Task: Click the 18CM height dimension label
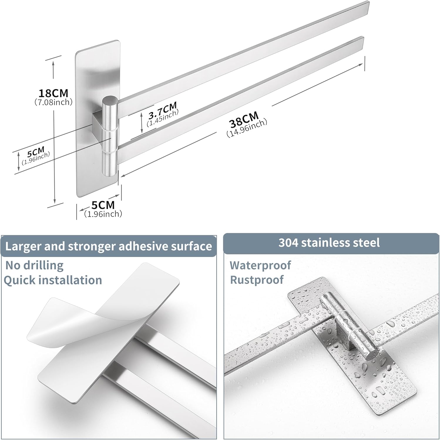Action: (53, 93)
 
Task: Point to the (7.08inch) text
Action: (53, 102)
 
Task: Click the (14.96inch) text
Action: (247, 128)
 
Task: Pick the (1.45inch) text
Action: (163, 118)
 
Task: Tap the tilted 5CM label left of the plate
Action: (35, 153)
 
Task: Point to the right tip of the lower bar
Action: (363, 38)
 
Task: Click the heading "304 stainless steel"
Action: (329, 243)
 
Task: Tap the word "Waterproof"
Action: (260, 265)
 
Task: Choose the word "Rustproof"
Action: (257, 280)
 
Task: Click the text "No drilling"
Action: (34, 265)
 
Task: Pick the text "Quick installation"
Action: (53, 280)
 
